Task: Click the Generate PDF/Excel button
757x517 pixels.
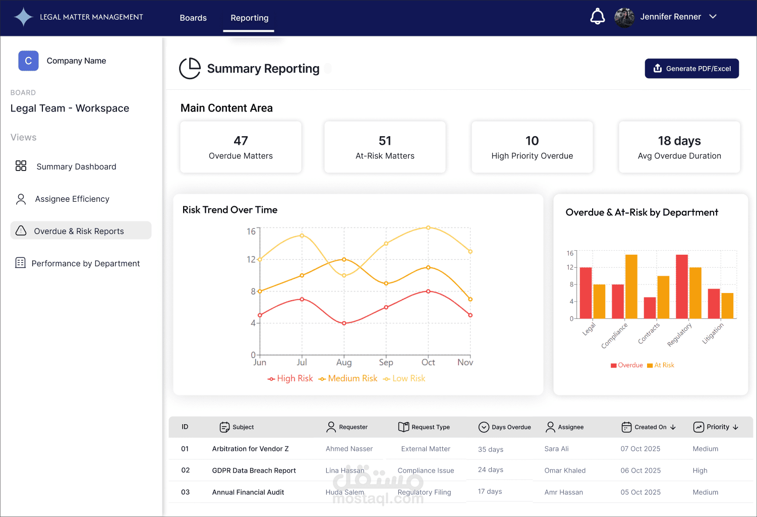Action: coord(691,69)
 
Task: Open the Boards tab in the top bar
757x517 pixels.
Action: coord(193,18)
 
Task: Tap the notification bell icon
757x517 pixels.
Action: coord(598,17)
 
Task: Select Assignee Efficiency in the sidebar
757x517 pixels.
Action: coord(72,199)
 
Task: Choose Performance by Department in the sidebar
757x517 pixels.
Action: coord(85,263)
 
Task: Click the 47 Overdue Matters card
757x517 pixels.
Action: coord(241,147)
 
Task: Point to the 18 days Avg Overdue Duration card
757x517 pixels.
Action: coord(679,147)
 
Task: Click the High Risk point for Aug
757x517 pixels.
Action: coord(344,323)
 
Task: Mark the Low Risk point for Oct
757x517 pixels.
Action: coord(428,227)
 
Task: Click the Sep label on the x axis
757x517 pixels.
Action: coord(386,362)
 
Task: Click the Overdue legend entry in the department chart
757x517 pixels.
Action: coord(627,365)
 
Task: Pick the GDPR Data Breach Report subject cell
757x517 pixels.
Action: coord(254,471)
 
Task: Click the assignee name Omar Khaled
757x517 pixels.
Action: coord(565,471)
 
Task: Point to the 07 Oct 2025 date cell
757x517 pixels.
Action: coord(640,449)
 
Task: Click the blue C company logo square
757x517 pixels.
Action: coord(28,61)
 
